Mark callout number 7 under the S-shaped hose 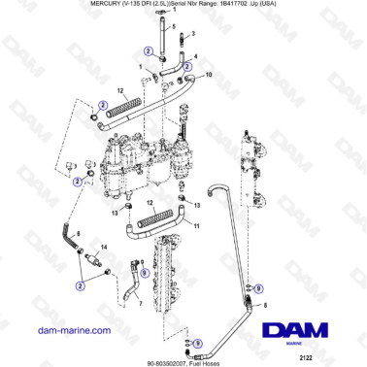(139, 304)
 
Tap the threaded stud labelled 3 (182, 38)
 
